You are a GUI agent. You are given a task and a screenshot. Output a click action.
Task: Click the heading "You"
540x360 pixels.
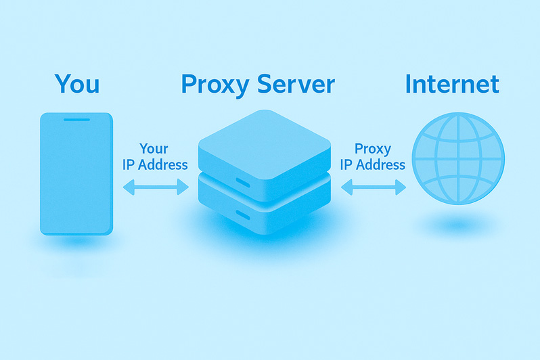[x=76, y=84]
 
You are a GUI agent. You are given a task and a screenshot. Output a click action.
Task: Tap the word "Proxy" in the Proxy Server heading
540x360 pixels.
[x=215, y=85]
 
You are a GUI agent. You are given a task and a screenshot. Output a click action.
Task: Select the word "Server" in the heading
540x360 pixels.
[x=296, y=84]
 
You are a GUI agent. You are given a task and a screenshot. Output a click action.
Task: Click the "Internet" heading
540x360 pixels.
[x=452, y=84]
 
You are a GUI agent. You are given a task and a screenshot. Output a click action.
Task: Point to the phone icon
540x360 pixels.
[x=76, y=174]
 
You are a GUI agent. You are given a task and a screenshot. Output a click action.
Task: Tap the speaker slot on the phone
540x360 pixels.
[x=76, y=120]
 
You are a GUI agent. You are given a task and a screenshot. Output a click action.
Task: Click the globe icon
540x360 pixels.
[x=458, y=158]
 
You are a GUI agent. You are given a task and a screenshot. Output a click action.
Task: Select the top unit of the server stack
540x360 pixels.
[x=265, y=155]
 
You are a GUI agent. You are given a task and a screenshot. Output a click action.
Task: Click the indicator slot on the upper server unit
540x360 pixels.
[x=243, y=183]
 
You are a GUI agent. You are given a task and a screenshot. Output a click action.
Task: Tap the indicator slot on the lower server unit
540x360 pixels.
[x=243, y=215]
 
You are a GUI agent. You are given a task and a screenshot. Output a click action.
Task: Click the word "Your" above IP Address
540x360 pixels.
[x=154, y=149]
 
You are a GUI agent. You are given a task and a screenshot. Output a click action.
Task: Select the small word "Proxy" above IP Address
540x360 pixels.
[x=373, y=150]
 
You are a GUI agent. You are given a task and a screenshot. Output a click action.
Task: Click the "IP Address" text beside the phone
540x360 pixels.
[x=155, y=164]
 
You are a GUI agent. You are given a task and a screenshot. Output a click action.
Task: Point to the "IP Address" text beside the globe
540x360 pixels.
[x=373, y=164]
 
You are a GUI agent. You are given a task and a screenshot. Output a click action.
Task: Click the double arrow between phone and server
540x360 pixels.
[x=156, y=187]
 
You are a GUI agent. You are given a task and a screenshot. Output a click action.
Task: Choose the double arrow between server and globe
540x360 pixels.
[x=374, y=187]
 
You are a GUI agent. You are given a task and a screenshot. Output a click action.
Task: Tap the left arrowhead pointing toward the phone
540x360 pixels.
[x=129, y=187]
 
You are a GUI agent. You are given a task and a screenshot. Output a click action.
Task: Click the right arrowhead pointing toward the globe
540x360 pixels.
[x=401, y=187]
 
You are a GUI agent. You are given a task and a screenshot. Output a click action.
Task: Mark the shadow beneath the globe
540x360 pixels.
[x=458, y=225]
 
